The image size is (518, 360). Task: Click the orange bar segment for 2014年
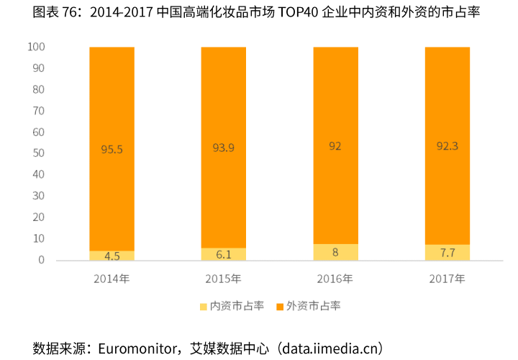pos(112,108)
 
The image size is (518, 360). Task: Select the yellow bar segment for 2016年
pos(335,252)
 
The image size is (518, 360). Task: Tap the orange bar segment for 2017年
pos(447,108)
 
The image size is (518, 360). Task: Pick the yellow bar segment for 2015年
pos(223,254)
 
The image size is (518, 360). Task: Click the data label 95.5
pos(112,150)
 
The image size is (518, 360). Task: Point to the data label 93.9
pos(223,148)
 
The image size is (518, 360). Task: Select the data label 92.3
pos(447,146)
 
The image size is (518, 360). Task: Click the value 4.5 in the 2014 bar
pos(112,256)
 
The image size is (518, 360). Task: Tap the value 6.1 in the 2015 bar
pos(223,254)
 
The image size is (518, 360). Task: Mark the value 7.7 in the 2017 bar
pos(447,253)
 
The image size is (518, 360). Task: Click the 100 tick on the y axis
pos(36,47)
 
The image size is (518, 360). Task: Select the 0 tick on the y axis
pos(42,260)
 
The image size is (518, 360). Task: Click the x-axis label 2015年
pos(223,279)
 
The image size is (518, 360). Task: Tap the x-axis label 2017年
pos(447,279)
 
